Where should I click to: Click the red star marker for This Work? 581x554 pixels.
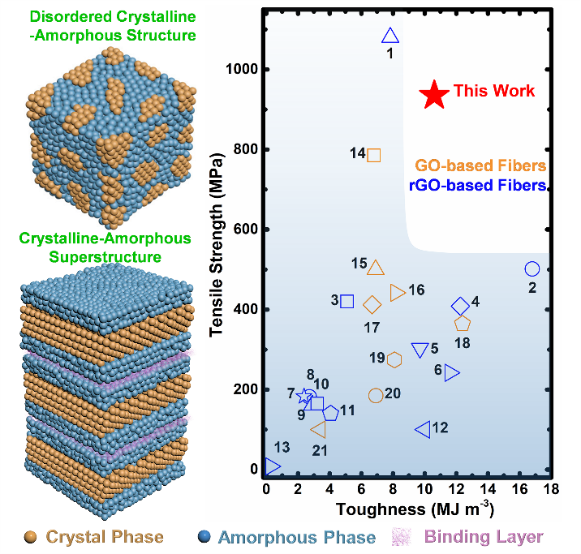coord(435,94)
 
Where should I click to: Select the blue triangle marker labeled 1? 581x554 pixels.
coord(390,36)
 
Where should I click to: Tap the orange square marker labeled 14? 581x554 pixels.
coord(374,155)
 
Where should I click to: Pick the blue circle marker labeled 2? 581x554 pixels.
coord(532,268)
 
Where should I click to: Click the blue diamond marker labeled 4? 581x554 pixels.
coord(460,306)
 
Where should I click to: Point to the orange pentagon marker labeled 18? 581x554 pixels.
coord(463,324)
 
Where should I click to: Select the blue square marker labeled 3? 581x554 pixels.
coord(347,301)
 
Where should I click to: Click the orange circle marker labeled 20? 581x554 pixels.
coord(376,395)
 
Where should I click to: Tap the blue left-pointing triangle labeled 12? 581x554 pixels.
coord(423,429)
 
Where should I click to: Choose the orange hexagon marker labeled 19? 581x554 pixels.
coord(394,359)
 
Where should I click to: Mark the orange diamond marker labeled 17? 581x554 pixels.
coord(372,305)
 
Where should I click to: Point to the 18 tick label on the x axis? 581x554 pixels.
coord(551,489)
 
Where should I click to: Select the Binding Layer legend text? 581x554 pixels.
coord(493,537)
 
